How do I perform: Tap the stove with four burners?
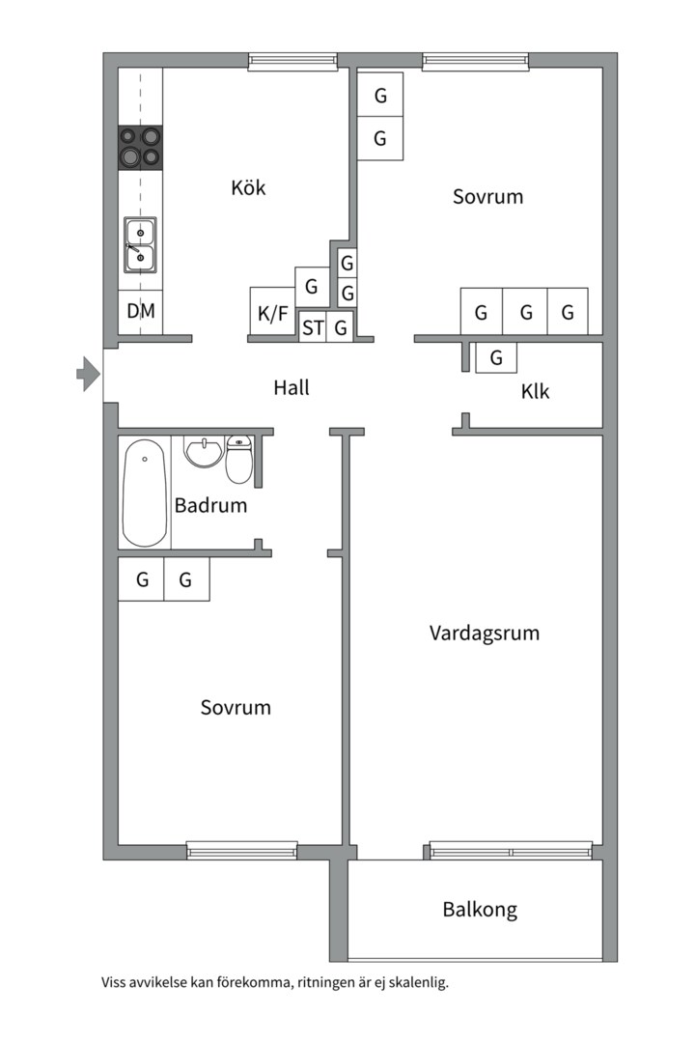(140, 147)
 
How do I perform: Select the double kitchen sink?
(140, 244)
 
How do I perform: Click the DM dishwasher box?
(140, 312)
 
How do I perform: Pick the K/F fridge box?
(271, 313)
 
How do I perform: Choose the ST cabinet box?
(313, 327)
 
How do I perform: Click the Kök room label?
(248, 187)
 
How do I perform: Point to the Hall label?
(292, 387)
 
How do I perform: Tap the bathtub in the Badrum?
(145, 493)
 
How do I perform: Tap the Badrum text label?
(210, 505)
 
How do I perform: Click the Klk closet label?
(535, 392)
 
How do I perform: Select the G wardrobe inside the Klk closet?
(496, 357)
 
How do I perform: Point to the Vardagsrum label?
(484, 634)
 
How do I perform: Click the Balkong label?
(480, 909)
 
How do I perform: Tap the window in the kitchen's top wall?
(293, 61)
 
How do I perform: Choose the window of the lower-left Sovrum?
(241, 851)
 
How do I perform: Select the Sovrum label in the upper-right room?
(487, 197)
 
